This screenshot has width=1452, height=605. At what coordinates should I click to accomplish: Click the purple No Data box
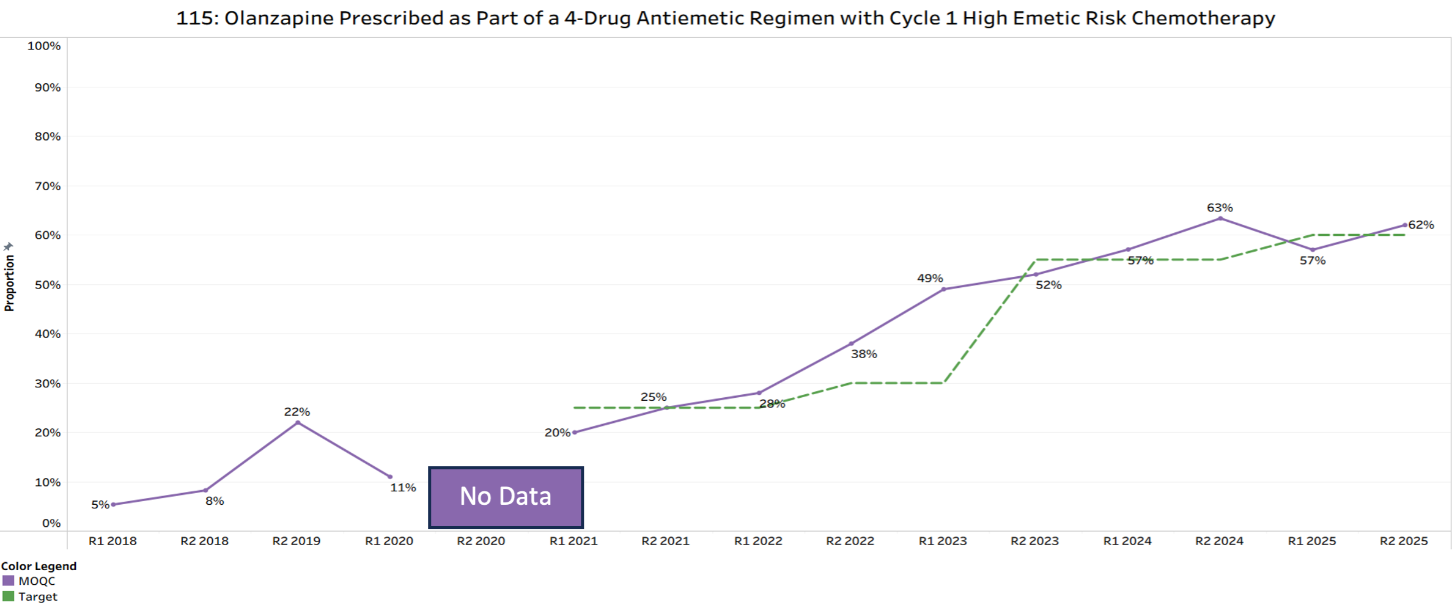tap(506, 497)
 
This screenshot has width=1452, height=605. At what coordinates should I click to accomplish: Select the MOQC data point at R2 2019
tap(298, 422)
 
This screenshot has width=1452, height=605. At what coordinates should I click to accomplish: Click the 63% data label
tap(1220, 208)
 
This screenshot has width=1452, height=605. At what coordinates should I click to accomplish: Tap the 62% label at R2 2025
tap(1421, 225)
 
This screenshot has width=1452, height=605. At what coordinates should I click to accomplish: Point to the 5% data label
tap(100, 505)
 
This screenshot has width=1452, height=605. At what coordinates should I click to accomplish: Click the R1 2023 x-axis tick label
tap(942, 541)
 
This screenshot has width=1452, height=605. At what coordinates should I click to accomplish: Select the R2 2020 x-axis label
tap(481, 541)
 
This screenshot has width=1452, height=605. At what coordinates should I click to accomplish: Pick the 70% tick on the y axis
tap(48, 186)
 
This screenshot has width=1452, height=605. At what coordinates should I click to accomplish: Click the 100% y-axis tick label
tap(44, 46)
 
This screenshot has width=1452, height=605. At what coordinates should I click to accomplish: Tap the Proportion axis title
tap(9, 282)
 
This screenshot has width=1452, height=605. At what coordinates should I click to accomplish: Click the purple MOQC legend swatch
tap(9, 581)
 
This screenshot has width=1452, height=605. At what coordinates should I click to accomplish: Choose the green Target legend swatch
tap(9, 596)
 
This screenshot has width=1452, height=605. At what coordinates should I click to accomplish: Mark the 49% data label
tap(930, 278)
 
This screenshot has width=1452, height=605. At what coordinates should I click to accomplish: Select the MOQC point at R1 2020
tap(390, 477)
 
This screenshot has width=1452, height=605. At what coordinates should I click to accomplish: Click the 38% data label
tap(864, 354)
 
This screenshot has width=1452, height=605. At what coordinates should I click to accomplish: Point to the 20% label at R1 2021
tap(557, 433)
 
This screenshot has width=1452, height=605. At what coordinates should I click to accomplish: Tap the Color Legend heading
tap(39, 566)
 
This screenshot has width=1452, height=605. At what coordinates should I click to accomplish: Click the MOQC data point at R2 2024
tap(1220, 218)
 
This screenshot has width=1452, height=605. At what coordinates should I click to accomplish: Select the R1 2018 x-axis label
tap(112, 541)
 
